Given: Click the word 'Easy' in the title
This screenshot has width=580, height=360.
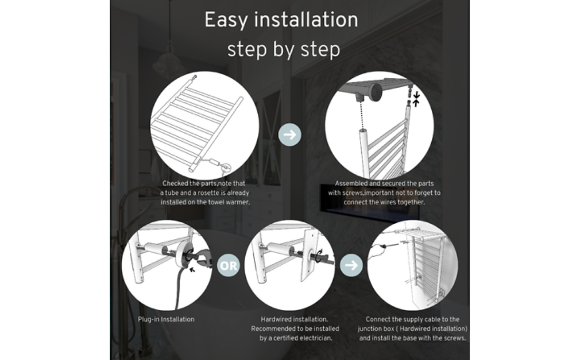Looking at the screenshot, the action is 226,20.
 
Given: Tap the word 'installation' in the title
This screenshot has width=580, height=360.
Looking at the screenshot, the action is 306,20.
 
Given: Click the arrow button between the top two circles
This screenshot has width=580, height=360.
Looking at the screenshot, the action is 289,134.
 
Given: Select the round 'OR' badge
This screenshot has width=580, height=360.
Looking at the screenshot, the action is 228,265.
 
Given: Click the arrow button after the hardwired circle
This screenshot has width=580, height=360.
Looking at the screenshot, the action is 351,265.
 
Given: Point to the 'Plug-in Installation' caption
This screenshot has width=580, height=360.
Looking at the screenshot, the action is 166,319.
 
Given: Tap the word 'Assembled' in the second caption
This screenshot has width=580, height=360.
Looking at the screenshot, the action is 352,183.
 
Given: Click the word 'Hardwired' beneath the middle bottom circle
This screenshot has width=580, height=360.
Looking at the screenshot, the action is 276,319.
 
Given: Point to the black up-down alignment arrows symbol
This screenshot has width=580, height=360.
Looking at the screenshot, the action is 416,99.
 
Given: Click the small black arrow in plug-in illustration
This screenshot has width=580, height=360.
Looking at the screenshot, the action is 192,269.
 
